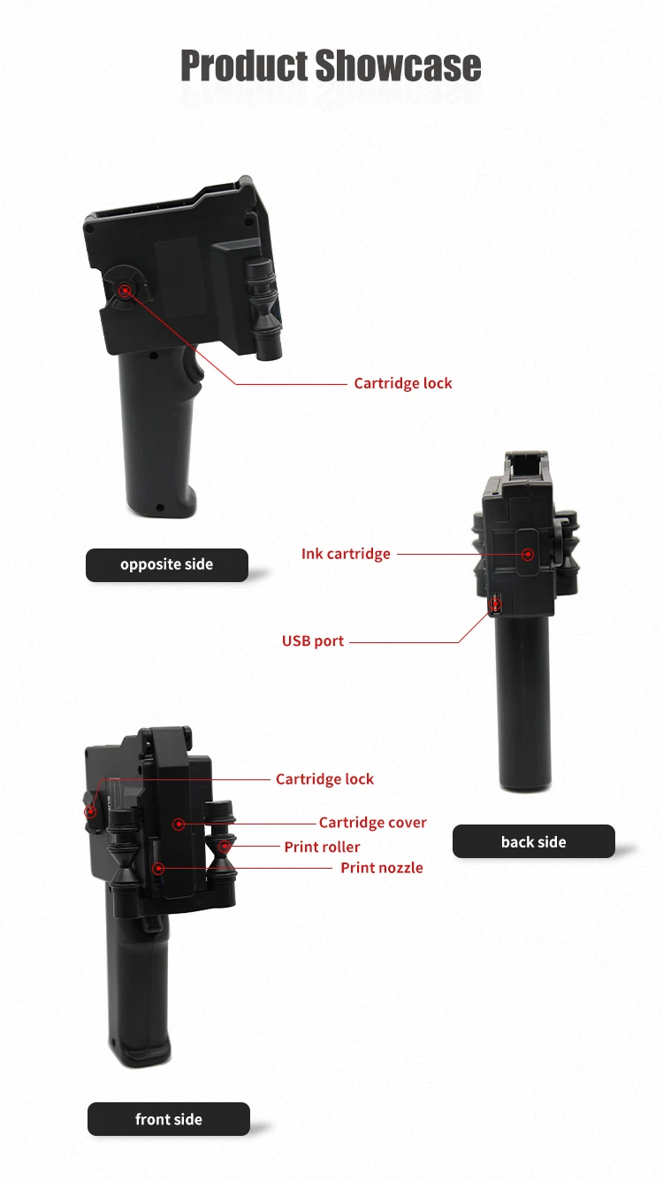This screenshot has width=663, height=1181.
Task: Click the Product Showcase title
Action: (331, 66)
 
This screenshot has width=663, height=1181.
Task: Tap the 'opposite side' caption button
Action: (166, 564)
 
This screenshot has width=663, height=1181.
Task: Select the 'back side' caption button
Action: (533, 841)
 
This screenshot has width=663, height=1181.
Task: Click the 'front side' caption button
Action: (168, 1119)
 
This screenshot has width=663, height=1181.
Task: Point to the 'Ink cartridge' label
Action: (346, 554)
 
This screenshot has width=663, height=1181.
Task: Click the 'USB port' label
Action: (313, 640)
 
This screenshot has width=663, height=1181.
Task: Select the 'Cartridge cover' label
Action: (372, 823)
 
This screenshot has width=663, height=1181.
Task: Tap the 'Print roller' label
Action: (322, 847)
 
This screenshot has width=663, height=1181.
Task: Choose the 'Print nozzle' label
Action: (381, 868)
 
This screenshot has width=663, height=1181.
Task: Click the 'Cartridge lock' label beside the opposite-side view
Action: (402, 383)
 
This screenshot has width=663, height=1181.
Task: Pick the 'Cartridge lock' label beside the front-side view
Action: (324, 779)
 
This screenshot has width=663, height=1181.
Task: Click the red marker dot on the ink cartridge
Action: (528, 555)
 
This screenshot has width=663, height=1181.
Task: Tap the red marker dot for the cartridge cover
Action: (179, 824)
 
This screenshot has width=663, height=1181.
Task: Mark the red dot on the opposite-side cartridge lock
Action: (126, 288)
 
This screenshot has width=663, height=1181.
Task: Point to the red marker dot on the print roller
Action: (225, 847)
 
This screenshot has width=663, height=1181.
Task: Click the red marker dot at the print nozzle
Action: (158, 869)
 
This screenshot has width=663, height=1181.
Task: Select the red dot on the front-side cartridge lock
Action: (90, 810)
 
